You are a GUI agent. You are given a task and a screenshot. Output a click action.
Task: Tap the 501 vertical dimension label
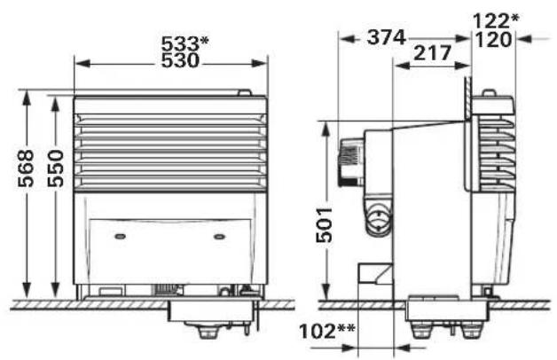pos(326,226)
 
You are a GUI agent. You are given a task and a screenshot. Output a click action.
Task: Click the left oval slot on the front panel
pos(121,236)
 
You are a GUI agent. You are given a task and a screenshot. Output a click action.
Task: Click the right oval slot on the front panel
pos(219,236)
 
